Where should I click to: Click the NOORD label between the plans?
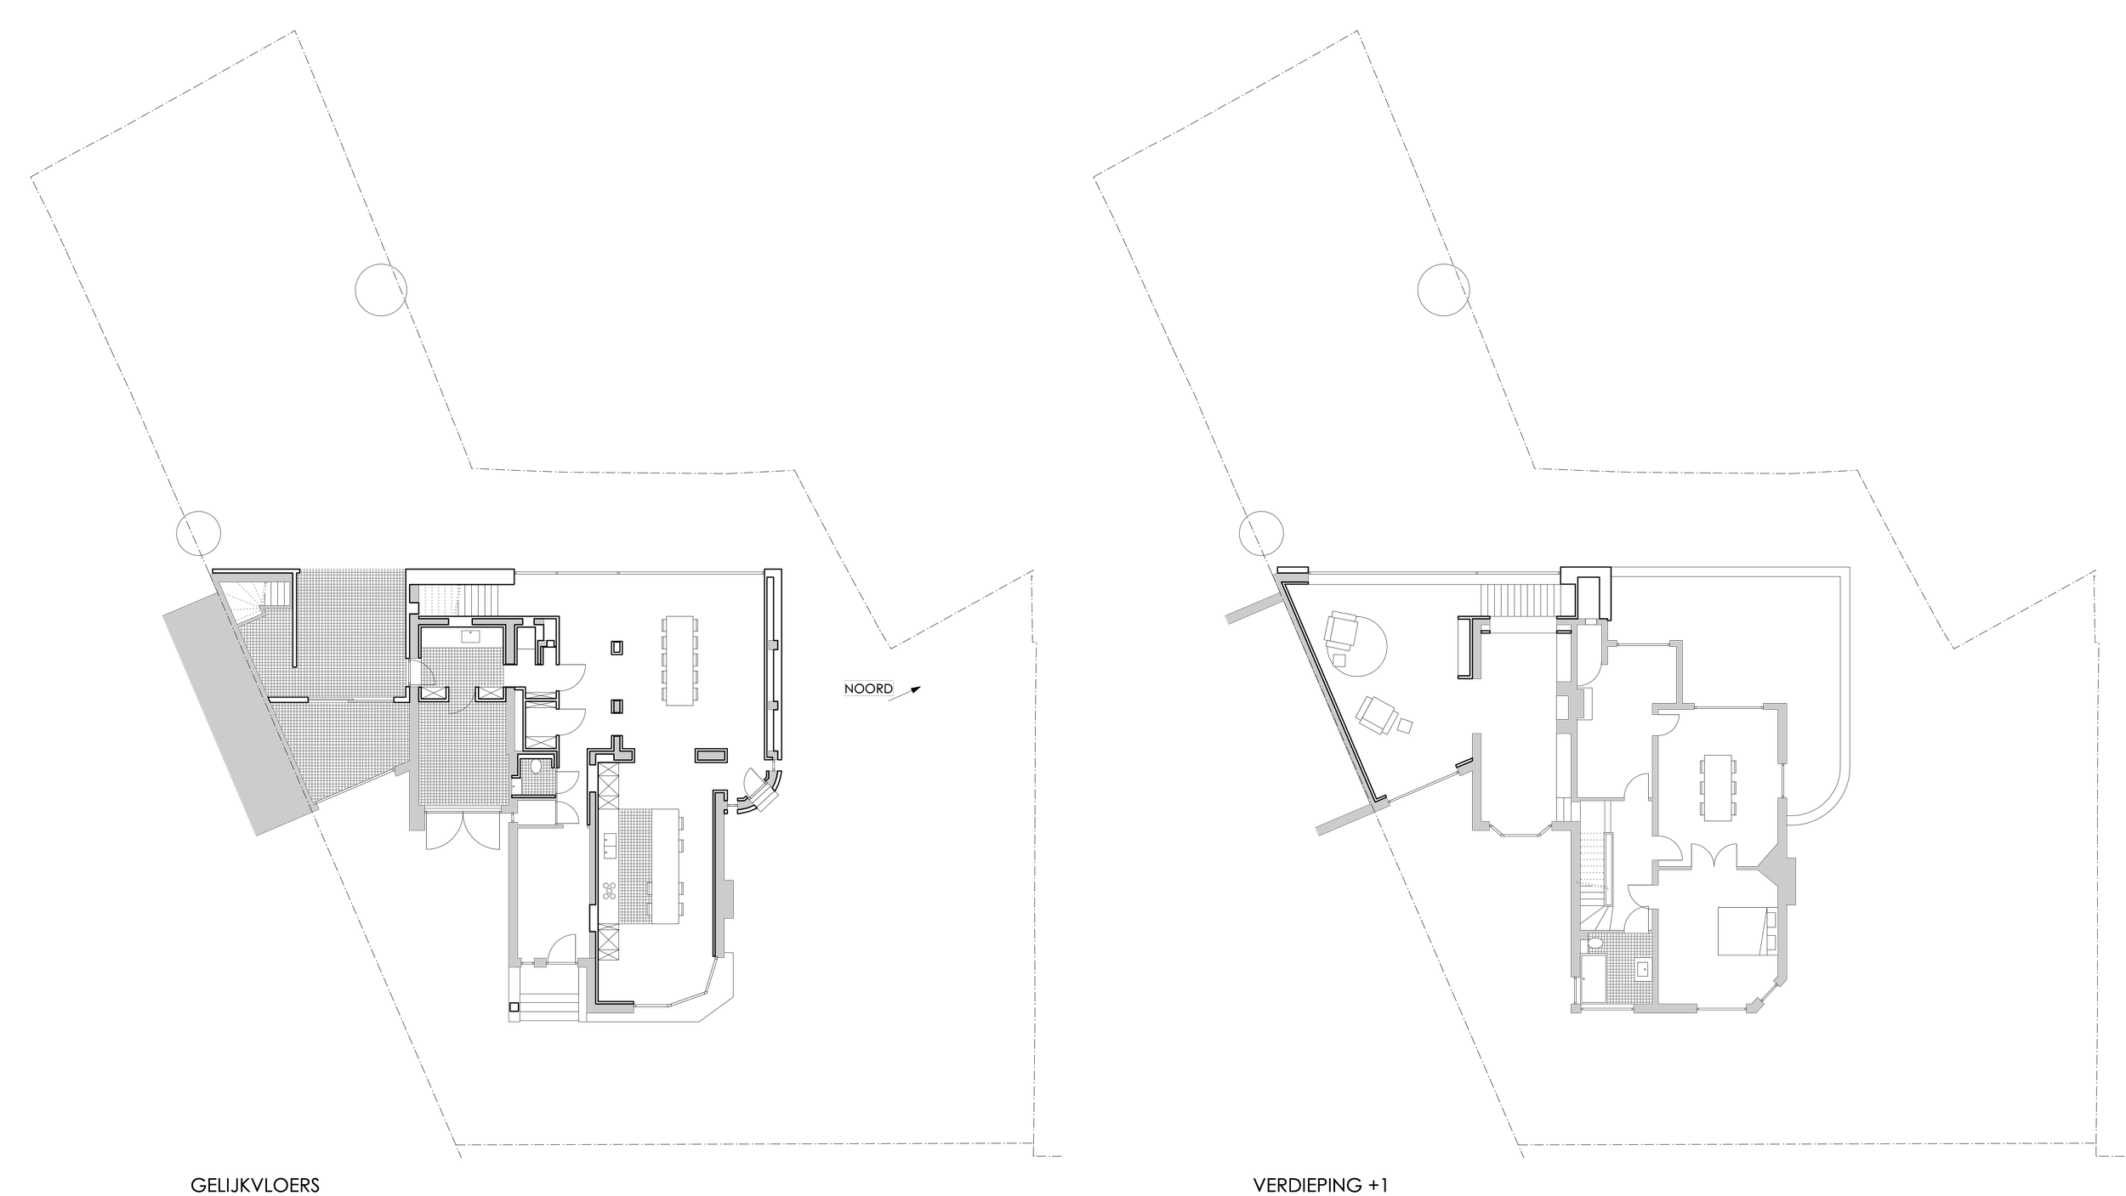[868, 689]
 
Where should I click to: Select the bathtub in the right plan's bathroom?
[1593, 978]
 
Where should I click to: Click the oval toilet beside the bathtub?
[1594, 943]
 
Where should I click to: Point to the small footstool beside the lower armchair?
[1405, 725]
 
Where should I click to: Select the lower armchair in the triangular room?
[1375, 715]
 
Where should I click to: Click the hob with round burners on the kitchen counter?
[610, 891]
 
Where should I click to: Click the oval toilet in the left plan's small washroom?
[535, 766]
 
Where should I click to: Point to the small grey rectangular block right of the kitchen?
[711, 755]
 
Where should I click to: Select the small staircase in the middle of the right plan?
[1562, 809]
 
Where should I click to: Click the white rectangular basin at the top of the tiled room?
[470, 636]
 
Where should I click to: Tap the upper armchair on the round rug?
[1343, 631]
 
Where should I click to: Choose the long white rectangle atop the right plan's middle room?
[1522, 625]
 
